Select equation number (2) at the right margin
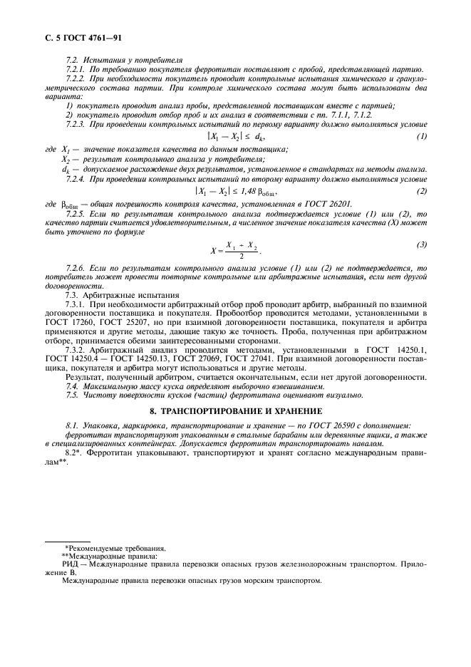point(423,190)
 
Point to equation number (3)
point(423,244)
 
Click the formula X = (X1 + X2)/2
point(235,250)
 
